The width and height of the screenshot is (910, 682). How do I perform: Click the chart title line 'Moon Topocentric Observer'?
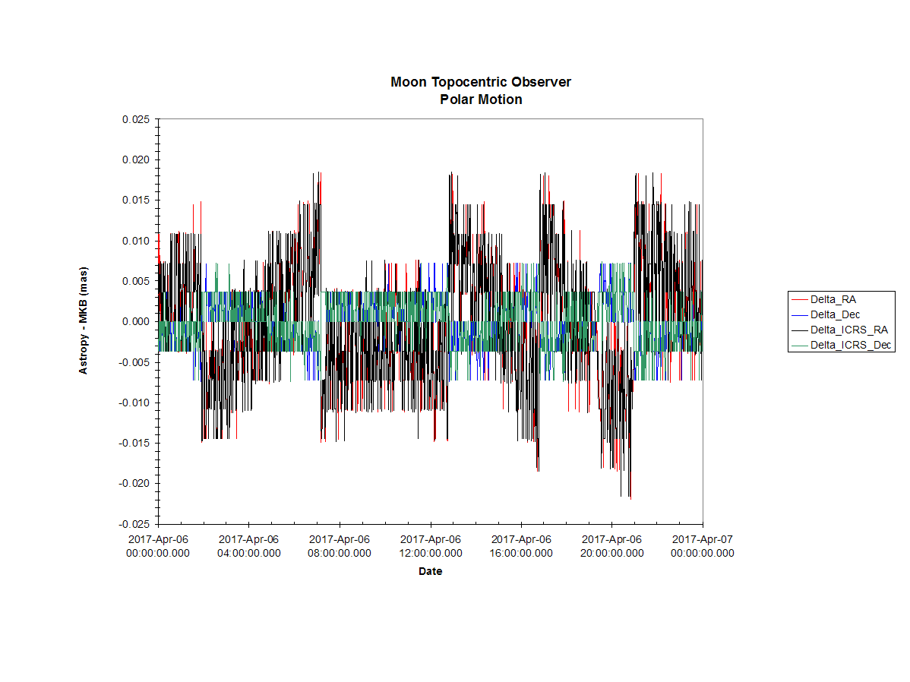[481, 82]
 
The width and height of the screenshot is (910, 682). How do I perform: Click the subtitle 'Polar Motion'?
[481, 99]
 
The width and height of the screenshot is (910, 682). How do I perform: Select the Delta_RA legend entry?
[824, 299]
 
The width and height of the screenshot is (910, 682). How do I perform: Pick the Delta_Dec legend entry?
[826, 314]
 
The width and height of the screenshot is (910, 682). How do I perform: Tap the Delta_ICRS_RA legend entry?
[840, 330]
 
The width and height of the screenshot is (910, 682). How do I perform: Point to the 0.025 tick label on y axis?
[136, 119]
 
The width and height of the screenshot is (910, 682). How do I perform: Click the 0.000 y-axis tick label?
[136, 321]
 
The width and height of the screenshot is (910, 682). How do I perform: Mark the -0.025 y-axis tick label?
[134, 524]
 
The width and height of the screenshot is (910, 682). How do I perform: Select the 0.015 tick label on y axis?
[136, 200]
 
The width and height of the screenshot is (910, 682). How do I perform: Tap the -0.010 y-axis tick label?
[134, 403]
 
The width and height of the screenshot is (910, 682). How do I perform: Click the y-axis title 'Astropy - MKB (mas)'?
[84, 320]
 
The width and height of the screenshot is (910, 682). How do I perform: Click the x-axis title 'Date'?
[430, 571]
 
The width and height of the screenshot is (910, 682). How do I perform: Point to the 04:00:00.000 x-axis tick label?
[249, 553]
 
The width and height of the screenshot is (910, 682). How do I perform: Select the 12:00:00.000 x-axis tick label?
[431, 553]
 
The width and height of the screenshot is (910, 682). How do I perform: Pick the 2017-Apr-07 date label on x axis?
[702, 539]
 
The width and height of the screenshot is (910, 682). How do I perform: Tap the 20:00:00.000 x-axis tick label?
[611, 553]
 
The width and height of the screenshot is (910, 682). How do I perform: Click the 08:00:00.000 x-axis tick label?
[340, 553]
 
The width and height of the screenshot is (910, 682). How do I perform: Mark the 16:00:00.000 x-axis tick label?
[521, 553]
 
